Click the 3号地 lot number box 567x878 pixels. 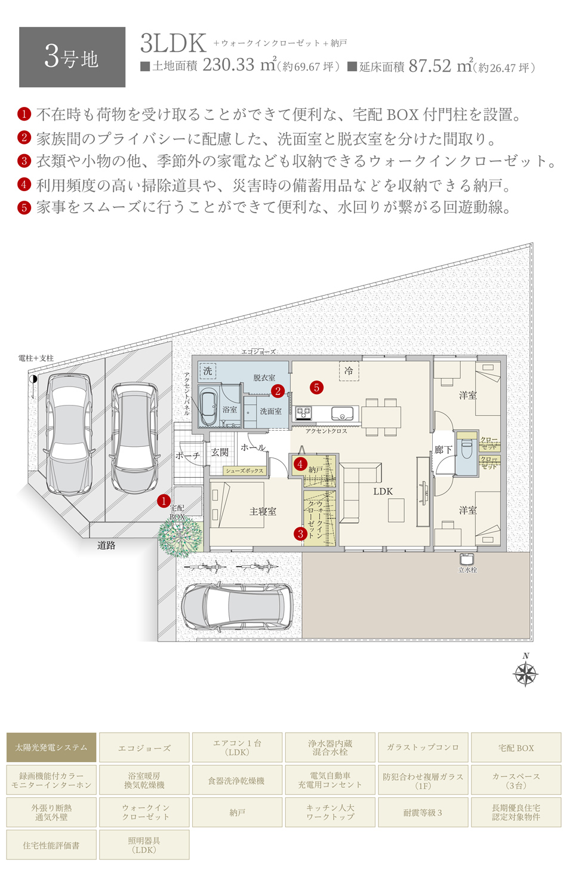[72, 57]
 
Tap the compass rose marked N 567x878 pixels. [526, 673]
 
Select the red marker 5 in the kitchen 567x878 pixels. [316, 388]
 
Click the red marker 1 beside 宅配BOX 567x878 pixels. [164, 501]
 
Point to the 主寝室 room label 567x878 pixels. [263, 512]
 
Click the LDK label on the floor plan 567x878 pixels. [383, 492]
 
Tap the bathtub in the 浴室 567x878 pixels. [208, 407]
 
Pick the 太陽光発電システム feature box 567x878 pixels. [51, 747]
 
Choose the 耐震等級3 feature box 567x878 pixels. [423, 812]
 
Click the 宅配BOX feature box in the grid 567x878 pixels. [516, 747]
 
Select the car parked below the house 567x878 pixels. [237, 606]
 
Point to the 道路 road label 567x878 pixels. [106, 545]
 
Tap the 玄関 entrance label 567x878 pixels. [220, 453]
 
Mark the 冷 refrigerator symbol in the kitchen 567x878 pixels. [349, 371]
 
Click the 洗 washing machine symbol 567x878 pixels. [207, 371]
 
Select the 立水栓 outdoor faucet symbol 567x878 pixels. [467, 560]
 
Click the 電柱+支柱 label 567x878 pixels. [36, 358]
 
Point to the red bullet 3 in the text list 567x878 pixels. [24, 161]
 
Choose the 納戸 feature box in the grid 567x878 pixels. [237, 812]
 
